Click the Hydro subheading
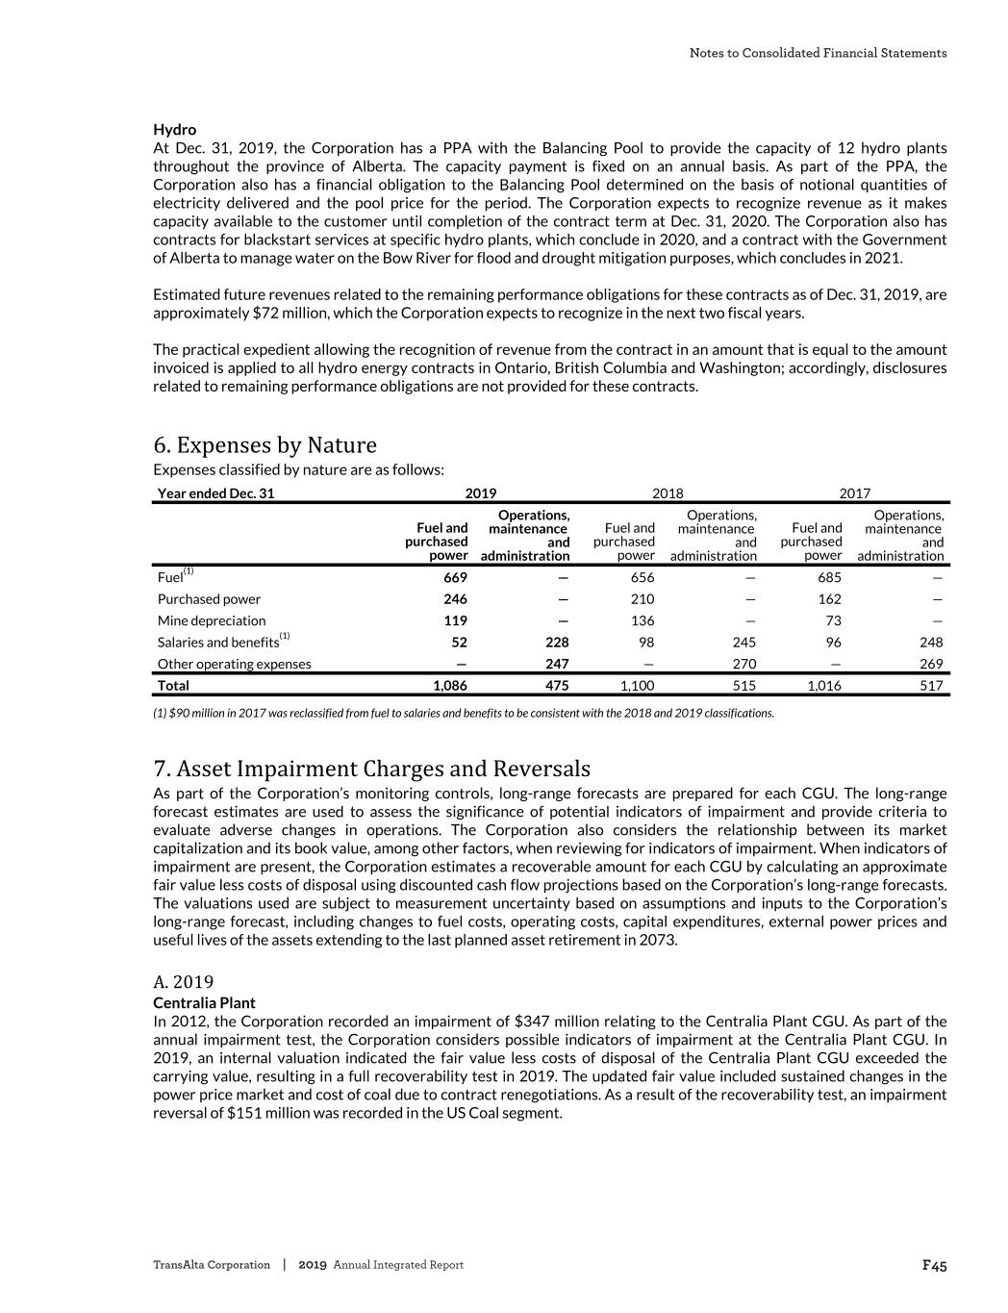[174, 129]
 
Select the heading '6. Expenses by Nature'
[265, 444]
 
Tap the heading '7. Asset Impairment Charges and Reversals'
[371, 769]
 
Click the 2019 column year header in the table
[481, 493]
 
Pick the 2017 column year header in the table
[854, 493]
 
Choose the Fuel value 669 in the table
[455, 577]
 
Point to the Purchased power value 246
[455, 599]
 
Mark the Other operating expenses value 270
[743, 664]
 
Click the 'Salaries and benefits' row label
[218, 642]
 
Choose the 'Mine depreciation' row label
[212, 620]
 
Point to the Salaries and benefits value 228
[556, 642]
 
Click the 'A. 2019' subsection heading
[184, 981]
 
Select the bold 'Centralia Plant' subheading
[204, 1002]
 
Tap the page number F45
[934, 1265]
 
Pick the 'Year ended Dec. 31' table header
[215, 493]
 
